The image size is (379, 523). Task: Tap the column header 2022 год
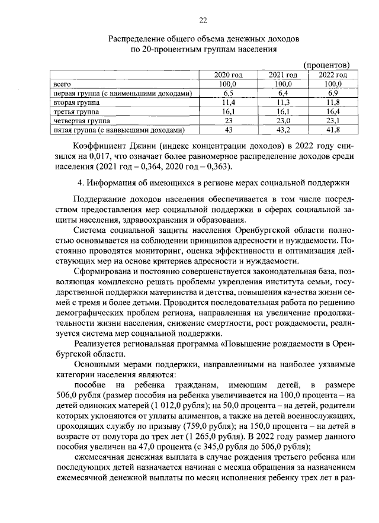pyautogui.click(x=333, y=75)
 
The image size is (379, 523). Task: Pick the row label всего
pyautogui.click(x=62, y=85)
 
